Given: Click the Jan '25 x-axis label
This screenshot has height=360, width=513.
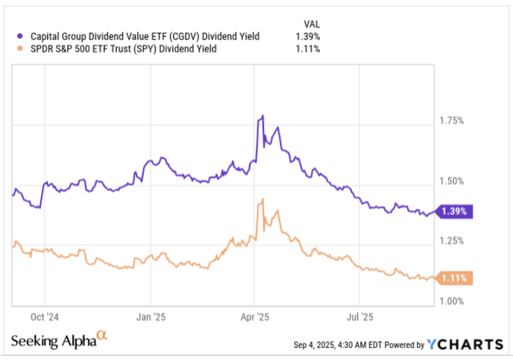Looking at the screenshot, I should pyautogui.click(x=151, y=315).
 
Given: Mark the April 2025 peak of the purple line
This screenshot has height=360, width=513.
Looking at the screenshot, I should pyautogui.click(x=262, y=117).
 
